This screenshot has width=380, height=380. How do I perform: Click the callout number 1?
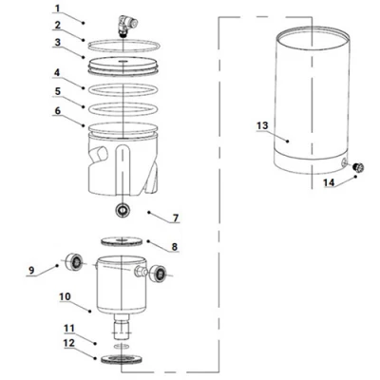point(57,8)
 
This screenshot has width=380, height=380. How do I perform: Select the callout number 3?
point(57,42)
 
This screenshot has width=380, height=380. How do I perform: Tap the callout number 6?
point(58,110)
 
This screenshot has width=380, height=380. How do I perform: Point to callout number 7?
point(176,218)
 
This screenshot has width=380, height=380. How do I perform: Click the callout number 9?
point(31,270)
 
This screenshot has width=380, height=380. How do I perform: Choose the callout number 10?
point(65,296)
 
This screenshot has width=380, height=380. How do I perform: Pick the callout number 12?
point(69,343)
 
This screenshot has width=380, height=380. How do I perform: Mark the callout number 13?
point(262,125)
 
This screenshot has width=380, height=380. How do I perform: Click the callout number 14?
point(329,182)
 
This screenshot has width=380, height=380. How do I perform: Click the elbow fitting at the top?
point(127,27)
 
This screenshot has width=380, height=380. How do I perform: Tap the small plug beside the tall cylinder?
point(358,167)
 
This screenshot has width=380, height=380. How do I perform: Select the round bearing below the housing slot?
point(123,210)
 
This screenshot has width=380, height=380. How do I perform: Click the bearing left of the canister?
point(75,262)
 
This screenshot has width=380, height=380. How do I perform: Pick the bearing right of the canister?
point(158,274)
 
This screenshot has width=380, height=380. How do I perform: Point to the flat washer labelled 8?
point(122,241)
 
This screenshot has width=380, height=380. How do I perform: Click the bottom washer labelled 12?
point(122,359)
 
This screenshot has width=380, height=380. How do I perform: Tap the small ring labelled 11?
point(122,345)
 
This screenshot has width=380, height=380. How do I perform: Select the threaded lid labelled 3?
point(123,66)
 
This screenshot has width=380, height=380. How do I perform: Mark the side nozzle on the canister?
point(141,272)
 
